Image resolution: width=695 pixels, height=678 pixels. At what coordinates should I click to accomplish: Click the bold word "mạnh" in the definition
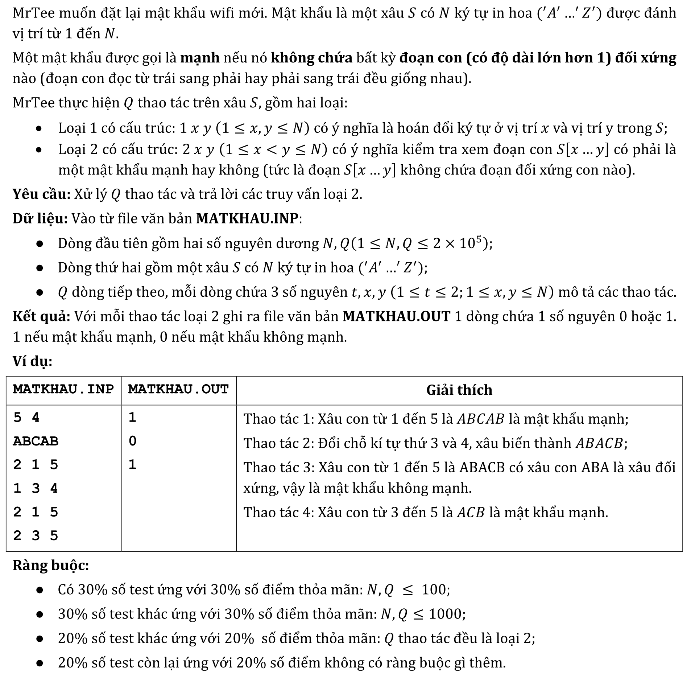pyautogui.click(x=200, y=58)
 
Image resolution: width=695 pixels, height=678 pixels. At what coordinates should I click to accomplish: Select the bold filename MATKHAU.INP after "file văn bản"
pyautogui.click(x=247, y=218)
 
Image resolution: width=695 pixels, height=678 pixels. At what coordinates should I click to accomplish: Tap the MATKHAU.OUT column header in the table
pyautogui.click(x=178, y=389)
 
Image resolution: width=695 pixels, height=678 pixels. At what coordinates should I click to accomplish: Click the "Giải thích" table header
pyautogui.click(x=459, y=390)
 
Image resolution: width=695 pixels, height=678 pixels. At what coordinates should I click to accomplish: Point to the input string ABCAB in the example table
pyautogui.click(x=36, y=441)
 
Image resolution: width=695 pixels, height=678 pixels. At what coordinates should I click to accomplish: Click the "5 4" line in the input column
pyautogui.click(x=26, y=418)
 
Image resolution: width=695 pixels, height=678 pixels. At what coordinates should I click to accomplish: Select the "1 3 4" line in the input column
pyautogui.click(x=36, y=488)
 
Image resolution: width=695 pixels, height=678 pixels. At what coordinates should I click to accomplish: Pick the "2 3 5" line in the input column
pyautogui.click(x=36, y=535)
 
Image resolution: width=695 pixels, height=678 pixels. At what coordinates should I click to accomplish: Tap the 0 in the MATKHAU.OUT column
pyautogui.click(x=133, y=441)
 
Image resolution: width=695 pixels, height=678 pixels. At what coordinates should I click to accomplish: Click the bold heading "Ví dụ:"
pyautogui.click(x=33, y=361)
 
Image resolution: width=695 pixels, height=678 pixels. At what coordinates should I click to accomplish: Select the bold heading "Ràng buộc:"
pyautogui.click(x=51, y=565)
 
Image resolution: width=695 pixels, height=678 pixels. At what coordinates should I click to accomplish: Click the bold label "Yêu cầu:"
pyautogui.click(x=41, y=194)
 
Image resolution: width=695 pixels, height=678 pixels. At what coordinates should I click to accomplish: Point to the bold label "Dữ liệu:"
pyautogui.click(x=40, y=218)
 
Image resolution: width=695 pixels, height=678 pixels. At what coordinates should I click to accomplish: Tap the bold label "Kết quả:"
pyautogui.click(x=41, y=316)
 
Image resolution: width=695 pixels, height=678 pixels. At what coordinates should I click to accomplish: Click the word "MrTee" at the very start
pyautogui.click(x=33, y=13)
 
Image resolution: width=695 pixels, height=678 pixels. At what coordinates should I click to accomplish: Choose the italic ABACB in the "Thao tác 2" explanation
pyautogui.click(x=599, y=443)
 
